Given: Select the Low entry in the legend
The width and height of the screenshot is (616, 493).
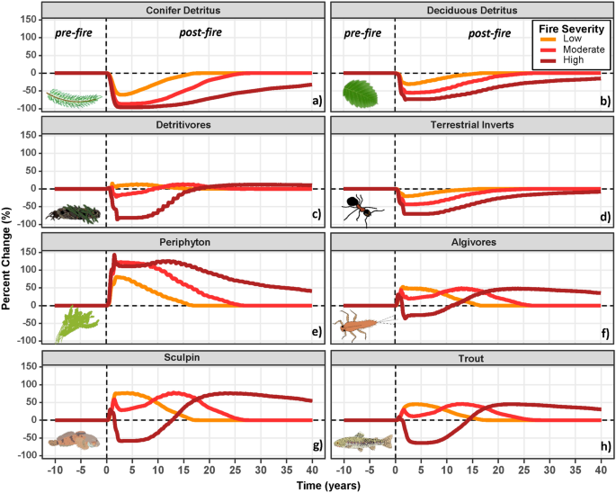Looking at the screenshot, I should [573, 39].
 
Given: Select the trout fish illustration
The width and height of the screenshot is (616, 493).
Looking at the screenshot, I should [364, 442].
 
